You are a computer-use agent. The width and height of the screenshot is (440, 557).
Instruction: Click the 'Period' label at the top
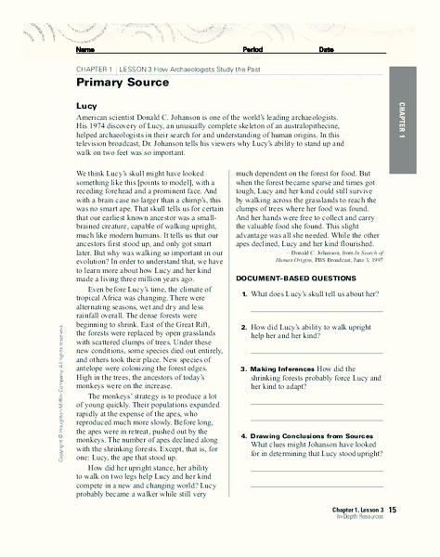click(x=252, y=49)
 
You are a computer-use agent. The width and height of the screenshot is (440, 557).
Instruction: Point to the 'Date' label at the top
click(x=326, y=49)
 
